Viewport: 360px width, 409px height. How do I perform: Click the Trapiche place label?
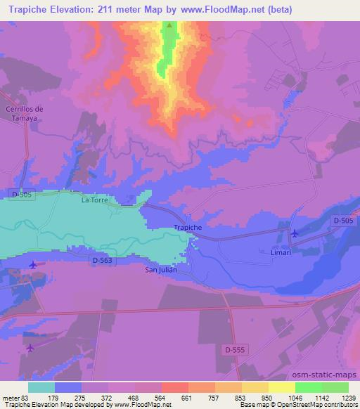pyautogui.click(x=188, y=228)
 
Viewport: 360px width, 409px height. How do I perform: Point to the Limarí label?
pyautogui.click(x=281, y=252)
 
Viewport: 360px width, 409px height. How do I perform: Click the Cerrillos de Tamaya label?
pyautogui.click(x=25, y=114)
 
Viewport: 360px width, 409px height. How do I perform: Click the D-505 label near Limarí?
pyautogui.click(x=344, y=221)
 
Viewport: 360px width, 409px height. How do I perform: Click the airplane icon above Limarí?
pyautogui.click(x=294, y=233)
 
